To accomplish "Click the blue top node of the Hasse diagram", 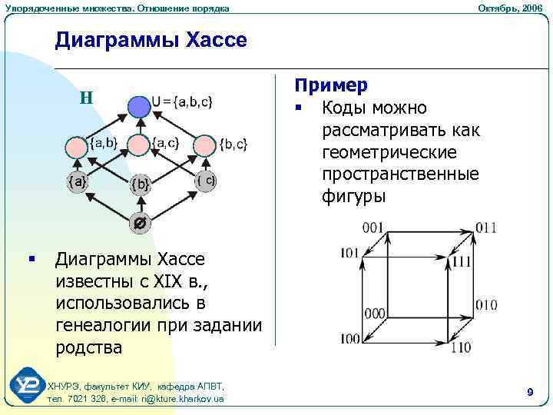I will click(139, 106).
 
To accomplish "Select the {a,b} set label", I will click(104, 142).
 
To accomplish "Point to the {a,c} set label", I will click(165, 142).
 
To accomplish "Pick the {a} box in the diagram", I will click(77, 182).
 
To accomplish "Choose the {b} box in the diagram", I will click(140, 184).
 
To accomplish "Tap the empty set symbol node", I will click(140, 224).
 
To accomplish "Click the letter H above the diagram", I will click(86, 98).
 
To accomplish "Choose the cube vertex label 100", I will click(349, 339).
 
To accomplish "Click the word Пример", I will click(332, 85).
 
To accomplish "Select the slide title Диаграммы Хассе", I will click(151, 39).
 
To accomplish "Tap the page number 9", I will click(530, 393).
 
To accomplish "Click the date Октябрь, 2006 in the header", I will click(509, 8).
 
